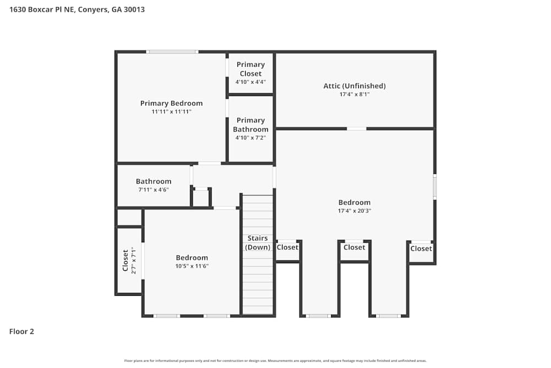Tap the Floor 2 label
coord(21,332)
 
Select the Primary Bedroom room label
coord(171,103)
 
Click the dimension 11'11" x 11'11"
coord(171,112)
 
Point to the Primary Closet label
coord(251,69)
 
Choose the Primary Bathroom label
coord(251,125)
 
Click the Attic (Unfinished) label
coord(354,86)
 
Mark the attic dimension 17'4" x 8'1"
coord(354,94)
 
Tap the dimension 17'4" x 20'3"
coord(354,211)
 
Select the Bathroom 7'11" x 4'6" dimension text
coord(154,190)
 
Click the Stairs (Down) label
coord(258,243)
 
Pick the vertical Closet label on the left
coord(126,260)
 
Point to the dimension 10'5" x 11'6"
coord(192,266)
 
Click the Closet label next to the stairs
coord(287,247)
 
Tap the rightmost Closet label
coord(421,248)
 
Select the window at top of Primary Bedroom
coord(172,52)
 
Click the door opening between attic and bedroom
coord(356,129)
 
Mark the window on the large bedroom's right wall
coord(435,187)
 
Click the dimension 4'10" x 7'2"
coord(251,138)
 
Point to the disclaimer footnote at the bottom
coord(275,361)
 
